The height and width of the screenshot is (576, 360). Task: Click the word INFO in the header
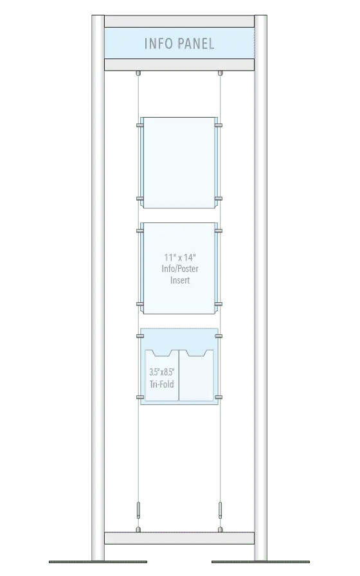159,44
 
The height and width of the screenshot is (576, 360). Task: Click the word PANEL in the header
197,44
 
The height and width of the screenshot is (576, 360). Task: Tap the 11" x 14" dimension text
180,257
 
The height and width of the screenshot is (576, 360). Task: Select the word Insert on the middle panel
180,280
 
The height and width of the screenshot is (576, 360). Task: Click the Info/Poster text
180,269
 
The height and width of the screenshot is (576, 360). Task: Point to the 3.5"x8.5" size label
162,372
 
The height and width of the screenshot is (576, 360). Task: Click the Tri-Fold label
162,384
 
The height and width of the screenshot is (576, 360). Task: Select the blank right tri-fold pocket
196,375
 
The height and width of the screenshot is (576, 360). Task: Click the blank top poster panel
179,163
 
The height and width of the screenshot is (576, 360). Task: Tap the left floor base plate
98,562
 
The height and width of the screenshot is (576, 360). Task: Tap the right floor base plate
261,562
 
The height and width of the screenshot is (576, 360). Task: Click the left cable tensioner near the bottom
138,510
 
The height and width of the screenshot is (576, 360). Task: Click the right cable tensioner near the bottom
221,510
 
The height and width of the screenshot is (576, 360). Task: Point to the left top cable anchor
138,73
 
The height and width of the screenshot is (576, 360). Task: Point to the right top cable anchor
221,73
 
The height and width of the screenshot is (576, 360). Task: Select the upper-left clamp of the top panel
139,125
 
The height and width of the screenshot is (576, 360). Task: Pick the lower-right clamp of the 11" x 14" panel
219,304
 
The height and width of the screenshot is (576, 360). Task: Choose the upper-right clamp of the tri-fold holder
219,336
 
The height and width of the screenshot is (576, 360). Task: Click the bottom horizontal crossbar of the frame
179,538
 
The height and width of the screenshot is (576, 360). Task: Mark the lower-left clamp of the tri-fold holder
140,397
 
